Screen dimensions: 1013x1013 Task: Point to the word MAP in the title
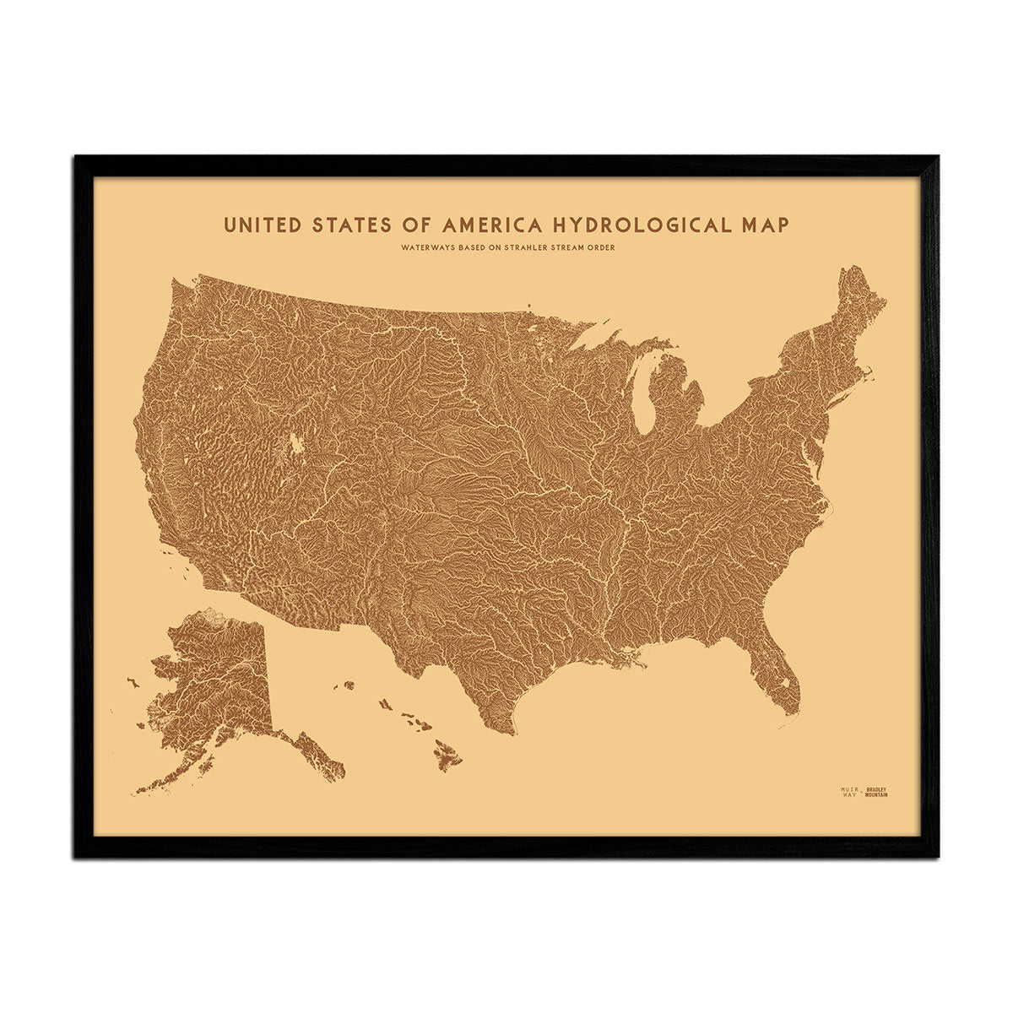pyautogui.click(x=762, y=225)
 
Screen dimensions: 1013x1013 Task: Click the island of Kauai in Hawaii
pyautogui.click(x=348, y=685)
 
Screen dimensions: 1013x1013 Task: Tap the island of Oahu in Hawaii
pyautogui.click(x=386, y=703)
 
